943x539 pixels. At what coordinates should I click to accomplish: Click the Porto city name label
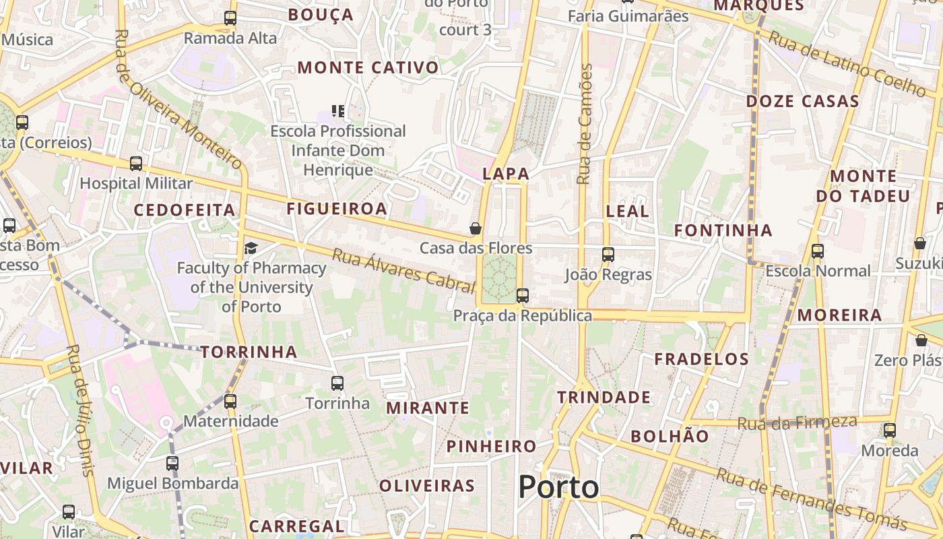(558, 487)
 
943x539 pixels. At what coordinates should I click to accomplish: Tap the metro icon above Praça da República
(522, 295)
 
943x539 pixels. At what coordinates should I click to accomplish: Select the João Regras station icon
(608, 254)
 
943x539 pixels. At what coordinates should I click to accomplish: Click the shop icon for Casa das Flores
(476, 228)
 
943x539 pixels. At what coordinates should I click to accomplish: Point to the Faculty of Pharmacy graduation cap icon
(251, 248)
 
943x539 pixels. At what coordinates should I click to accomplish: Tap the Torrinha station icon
(337, 383)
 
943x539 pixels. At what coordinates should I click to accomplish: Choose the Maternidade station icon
(230, 401)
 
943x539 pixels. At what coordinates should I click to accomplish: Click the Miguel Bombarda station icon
(172, 463)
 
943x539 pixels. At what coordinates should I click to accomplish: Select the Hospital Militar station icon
(136, 163)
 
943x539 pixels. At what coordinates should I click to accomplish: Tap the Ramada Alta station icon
(230, 18)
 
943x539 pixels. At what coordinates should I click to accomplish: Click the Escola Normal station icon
(818, 251)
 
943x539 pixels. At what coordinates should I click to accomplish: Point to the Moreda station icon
(890, 430)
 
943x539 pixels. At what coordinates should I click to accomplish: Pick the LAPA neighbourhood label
(506, 173)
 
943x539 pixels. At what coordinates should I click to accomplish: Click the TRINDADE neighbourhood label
(604, 398)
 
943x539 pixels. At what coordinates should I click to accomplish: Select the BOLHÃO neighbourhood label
(670, 436)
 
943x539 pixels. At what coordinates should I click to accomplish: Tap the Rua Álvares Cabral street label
(403, 271)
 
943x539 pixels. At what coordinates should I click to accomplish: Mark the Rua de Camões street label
(585, 124)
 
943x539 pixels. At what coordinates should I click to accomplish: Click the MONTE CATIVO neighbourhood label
(368, 67)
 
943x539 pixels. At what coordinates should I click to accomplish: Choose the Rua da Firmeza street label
(798, 423)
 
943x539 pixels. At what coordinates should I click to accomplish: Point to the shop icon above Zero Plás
(921, 340)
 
